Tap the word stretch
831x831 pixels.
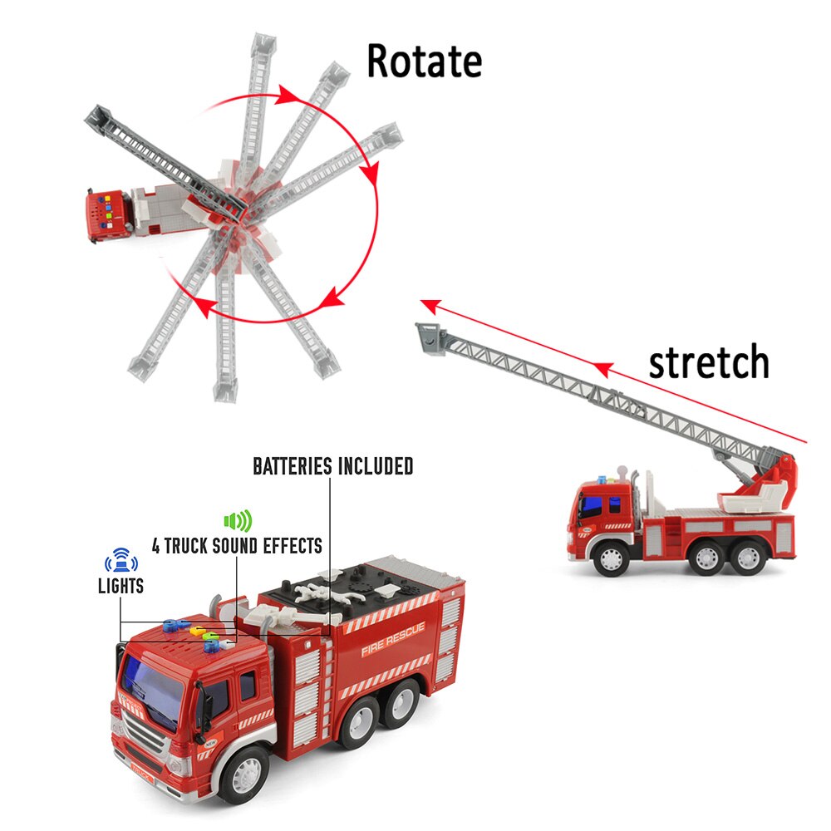[x=708, y=362]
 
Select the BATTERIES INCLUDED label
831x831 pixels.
[x=332, y=466]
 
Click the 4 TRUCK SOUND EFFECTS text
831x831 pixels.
[x=237, y=546]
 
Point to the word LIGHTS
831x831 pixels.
[x=120, y=586]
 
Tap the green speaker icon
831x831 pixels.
[x=238, y=522]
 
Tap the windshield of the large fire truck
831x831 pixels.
[x=154, y=686]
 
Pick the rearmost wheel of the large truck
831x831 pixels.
[x=400, y=703]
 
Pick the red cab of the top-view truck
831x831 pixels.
[x=107, y=214]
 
